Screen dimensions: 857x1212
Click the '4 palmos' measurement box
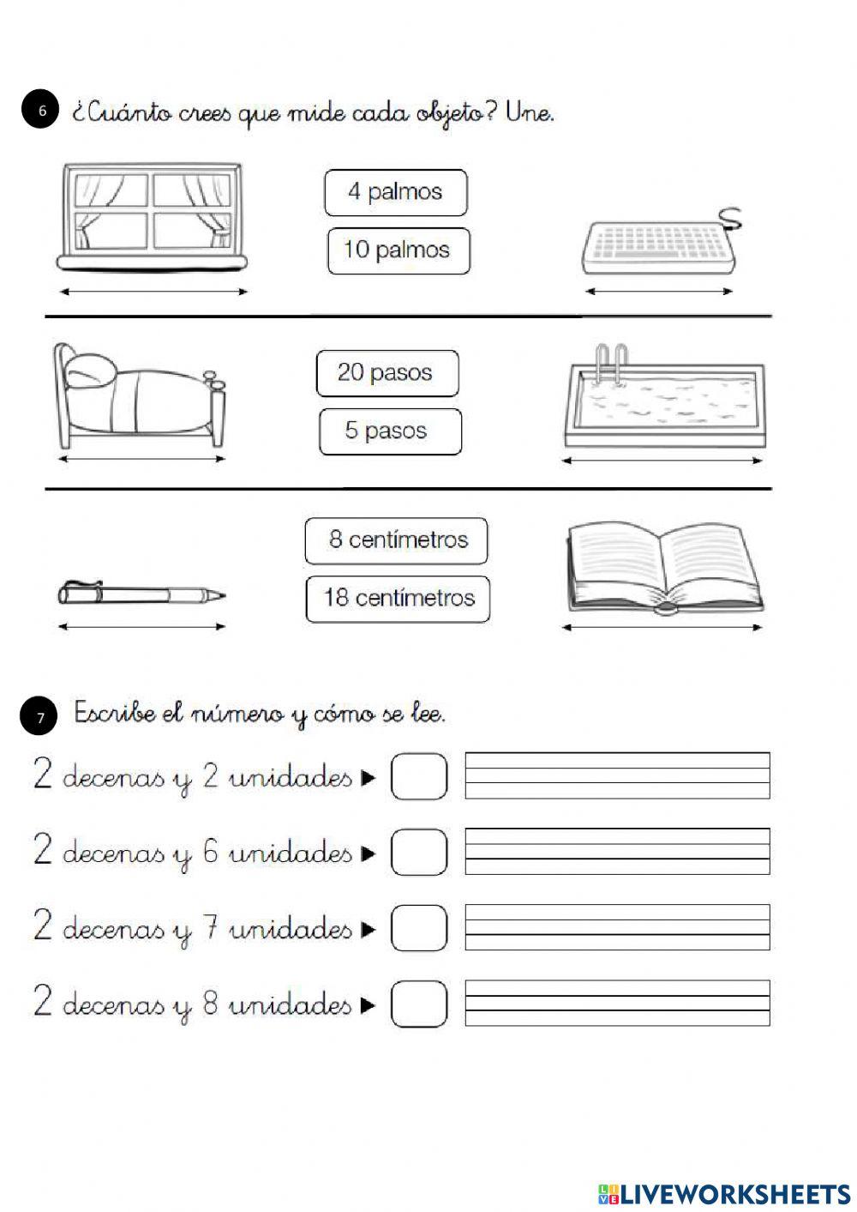click(x=395, y=192)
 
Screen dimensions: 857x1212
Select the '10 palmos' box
click(x=398, y=250)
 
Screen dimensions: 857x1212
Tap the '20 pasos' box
click(x=387, y=373)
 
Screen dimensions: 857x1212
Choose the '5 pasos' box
click(x=389, y=431)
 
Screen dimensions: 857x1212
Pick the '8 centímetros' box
click(x=396, y=540)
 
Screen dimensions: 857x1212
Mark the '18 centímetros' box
click(x=398, y=598)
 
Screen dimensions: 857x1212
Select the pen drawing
click(x=141, y=594)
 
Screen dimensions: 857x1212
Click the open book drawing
click(x=663, y=569)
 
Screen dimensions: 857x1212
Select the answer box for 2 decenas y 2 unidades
click(x=419, y=776)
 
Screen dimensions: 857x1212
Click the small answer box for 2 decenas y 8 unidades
click(x=419, y=1004)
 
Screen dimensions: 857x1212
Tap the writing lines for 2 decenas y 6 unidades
click(x=617, y=851)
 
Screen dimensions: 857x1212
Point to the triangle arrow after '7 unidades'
click(x=369, y=929)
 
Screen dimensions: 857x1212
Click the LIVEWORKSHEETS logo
click(x=723, y=1193)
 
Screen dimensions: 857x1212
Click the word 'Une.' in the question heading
click(x=530, y=112)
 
